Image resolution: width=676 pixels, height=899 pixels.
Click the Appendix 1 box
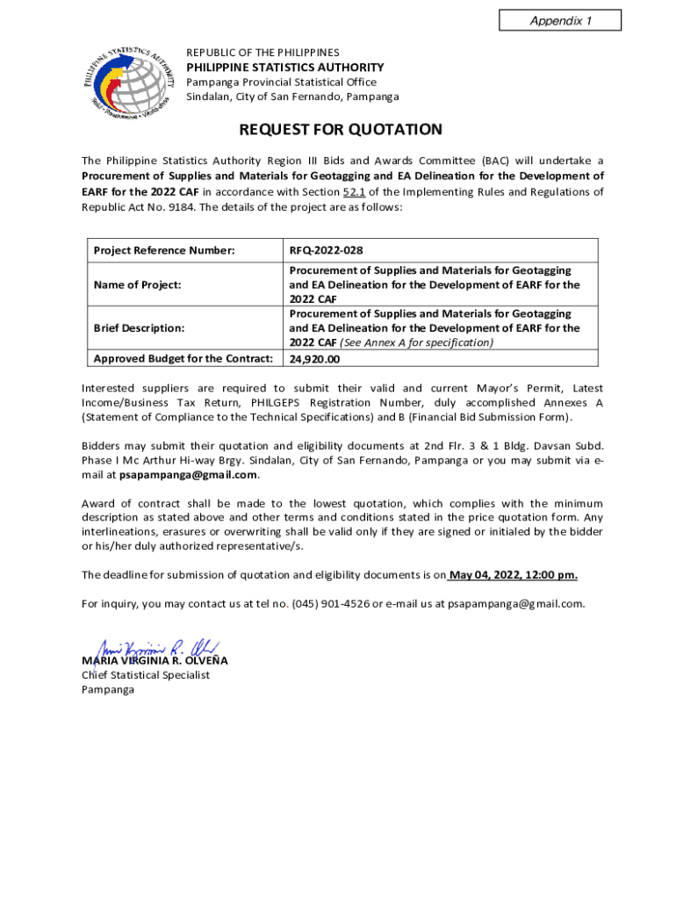click(x=559, y=20)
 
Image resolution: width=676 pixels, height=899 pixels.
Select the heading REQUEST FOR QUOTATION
click(x=341, y=130)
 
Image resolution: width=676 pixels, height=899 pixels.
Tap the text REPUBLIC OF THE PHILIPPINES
click(x=262, y=53)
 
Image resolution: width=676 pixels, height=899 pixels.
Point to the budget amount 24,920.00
click(x=314, y=359)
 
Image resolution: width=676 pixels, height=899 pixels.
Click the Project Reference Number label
click(x=164, y=251)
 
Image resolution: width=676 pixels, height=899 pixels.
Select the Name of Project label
click(x=137, y=284)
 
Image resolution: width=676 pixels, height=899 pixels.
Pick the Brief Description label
click(x=139, y=327)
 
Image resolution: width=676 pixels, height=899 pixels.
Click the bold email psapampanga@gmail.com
click(x=188, y=475)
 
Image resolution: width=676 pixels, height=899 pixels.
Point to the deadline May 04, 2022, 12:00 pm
click(x=513, y=575)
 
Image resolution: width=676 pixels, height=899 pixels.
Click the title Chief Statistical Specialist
click(x=146, y=675)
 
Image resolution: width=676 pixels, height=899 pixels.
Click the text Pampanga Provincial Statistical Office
click(x=281, y=83)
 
